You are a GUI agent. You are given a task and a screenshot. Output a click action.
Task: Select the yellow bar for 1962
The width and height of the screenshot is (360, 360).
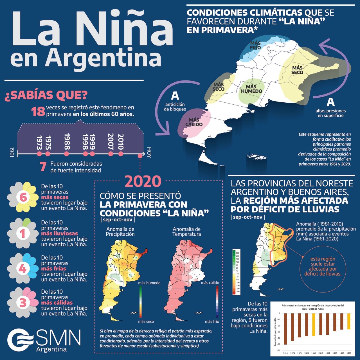(x=314, y=324)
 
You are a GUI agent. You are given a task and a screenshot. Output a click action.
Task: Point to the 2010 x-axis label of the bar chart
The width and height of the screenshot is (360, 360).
(x=321, y=353)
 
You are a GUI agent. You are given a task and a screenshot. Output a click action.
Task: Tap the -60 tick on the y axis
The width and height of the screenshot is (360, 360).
(x=279, y=350)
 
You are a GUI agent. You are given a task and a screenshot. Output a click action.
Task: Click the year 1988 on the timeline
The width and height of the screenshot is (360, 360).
(x=67, y=141)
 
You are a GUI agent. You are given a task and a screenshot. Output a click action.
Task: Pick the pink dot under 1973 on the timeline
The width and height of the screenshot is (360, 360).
(x=39, y=154)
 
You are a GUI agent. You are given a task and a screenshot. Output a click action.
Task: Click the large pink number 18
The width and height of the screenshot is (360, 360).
(x=38, y=112)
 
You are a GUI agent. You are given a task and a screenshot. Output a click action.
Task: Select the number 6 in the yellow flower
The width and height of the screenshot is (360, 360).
(x=23, y=197)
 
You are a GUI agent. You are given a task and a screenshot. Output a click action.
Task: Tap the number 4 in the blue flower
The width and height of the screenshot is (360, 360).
(x=22, y=269)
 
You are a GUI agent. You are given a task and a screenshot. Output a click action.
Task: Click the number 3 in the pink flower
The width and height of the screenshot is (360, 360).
(x=23, y=303)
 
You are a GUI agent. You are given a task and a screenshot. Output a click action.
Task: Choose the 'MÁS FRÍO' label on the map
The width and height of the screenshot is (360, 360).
(x=255, y=45)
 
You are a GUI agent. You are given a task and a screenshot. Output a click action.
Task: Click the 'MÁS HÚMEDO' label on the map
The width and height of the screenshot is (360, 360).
(x=251, y=89)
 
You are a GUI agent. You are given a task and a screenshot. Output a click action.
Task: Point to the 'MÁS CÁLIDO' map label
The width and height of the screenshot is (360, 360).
(x=194, y=122)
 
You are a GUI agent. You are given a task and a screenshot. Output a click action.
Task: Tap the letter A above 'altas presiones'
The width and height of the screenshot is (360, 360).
(x=330, y=102)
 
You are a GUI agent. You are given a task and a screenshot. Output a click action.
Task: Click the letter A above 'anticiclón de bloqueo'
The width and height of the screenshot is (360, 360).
(x=175, y=96)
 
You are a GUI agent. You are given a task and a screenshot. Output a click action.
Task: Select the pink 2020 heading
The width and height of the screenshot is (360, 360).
(x=143, y=182)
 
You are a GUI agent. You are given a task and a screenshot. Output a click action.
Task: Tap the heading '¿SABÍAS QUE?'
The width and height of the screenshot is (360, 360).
(x=46, y=95)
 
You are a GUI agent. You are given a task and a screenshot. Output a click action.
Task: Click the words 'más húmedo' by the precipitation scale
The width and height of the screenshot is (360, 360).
(x=149, y=283)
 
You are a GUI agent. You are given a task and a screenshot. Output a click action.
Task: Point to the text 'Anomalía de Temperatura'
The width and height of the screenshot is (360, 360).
(x=186, y=231)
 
